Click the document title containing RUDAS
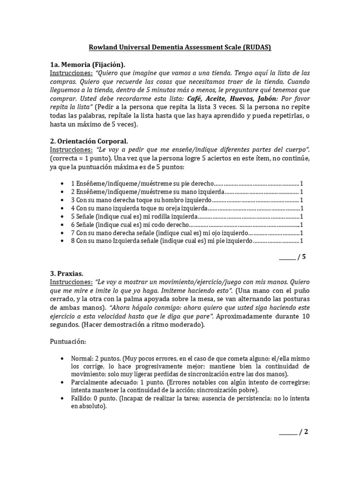coord(180,47)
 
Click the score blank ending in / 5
coord(287,257)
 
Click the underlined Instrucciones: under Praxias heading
coord(71,283)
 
